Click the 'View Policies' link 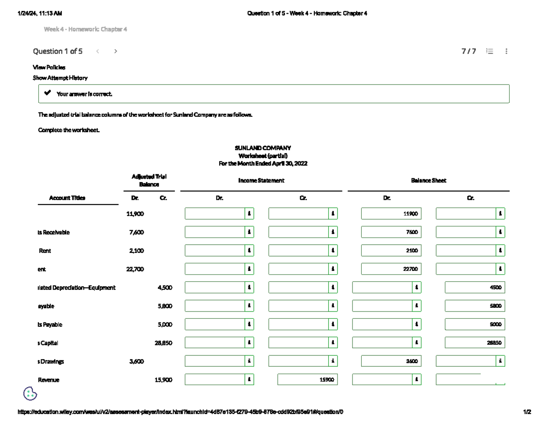click(x=49, y=67)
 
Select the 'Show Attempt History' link click(x=60, y=78)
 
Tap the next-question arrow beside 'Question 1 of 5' click(x=116, y=51)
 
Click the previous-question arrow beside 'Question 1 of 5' click(x=98, y=51)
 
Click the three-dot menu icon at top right click(x=506, y=52)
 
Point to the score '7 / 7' click(x=469, y=52)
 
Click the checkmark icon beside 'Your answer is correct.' click(x=47, y=93)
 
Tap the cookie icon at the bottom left click(x=30, y=393)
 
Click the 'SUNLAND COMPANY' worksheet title click(x=263, y=148)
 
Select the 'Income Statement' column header click(x=261, y=181)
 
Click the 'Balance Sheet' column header click(x=428, y=181)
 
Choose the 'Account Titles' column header click(x=67, y=198)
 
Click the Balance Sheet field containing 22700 click(x=391, y=269)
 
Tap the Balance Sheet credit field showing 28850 click(x=474, y=343)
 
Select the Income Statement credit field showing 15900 click(x=307, y=380)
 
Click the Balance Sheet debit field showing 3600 click(x=391, y=361)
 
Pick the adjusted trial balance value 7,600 click(x=137, y=232)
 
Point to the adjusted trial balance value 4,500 click(x=165, y=288)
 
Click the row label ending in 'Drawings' click(x=51, y=361)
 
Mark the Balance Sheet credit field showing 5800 click(x=474, y=306)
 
